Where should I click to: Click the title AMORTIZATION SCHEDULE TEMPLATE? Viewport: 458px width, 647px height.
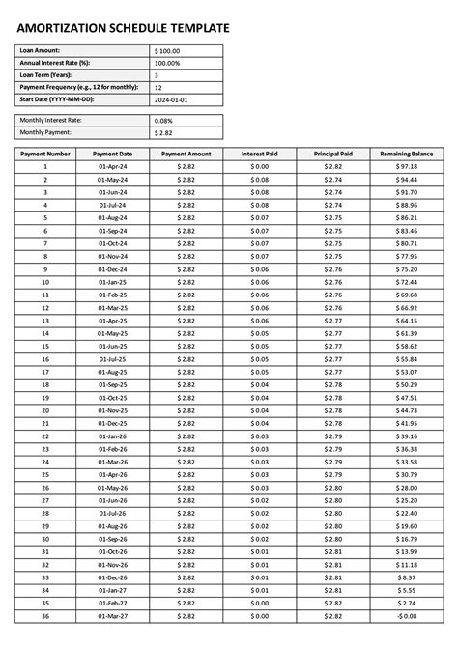click(x=124, y=30)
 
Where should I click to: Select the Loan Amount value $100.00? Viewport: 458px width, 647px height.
click(x=167, y=50)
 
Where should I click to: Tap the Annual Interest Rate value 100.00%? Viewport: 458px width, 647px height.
click(x=168, y=63)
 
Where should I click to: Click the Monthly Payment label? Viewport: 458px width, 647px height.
click(x=45, y=132)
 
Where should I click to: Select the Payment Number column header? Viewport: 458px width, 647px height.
click(x=45, y=154)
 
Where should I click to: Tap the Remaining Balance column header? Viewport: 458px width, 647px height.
click(x=407, y=154)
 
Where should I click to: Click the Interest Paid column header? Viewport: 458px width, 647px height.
click(x=260, y=154)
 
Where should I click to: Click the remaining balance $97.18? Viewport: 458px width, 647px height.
click(x=407, y=166)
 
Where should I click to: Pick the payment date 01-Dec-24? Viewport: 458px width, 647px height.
click(x=113, y=268)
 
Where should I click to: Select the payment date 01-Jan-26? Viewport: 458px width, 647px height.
click(x=113, y=436)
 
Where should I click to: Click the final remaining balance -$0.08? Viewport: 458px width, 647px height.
click(x=407, y=615)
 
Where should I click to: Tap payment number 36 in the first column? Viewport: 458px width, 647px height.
click(x=45, y=615)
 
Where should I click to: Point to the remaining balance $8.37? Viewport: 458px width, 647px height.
click(x=407, y=577)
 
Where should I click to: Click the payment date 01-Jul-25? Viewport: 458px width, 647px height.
click(x=113, y=358)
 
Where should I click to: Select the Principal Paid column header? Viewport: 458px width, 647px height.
click(x=333, y=154)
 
